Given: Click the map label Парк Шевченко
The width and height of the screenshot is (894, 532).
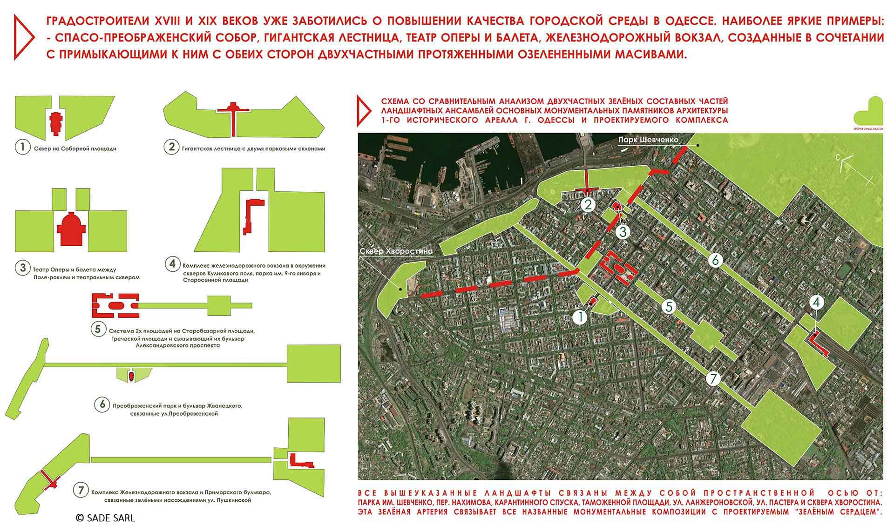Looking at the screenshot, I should coord(648,140).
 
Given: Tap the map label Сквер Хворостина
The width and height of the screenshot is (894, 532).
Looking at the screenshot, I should coord(396,251).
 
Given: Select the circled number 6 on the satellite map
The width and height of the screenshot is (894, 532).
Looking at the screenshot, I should coord(715,260).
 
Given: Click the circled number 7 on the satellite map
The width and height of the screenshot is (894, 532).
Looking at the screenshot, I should coord(713,378).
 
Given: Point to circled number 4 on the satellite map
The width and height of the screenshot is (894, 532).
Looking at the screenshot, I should coord(816,303).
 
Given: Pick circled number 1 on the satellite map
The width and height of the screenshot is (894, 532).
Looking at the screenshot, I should coord(580,317).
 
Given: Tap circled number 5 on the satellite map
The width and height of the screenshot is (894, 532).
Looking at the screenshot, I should coord(669,307).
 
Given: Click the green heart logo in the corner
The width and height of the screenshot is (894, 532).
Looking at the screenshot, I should coord(868,114).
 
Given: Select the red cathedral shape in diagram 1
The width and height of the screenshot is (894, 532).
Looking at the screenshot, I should coord(56,123).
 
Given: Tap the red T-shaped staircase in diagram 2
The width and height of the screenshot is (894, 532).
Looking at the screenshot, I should coord(234,110).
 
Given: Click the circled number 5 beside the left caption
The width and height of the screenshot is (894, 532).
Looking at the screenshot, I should coord(97,330).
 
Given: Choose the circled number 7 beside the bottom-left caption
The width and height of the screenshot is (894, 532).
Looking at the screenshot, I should coord(81,490).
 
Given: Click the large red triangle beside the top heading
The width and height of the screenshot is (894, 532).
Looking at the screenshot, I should coord(23,37).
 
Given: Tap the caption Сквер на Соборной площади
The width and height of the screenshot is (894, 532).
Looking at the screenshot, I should coord(75,149).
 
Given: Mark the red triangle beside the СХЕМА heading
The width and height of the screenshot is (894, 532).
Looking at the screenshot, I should coord(364,111).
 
